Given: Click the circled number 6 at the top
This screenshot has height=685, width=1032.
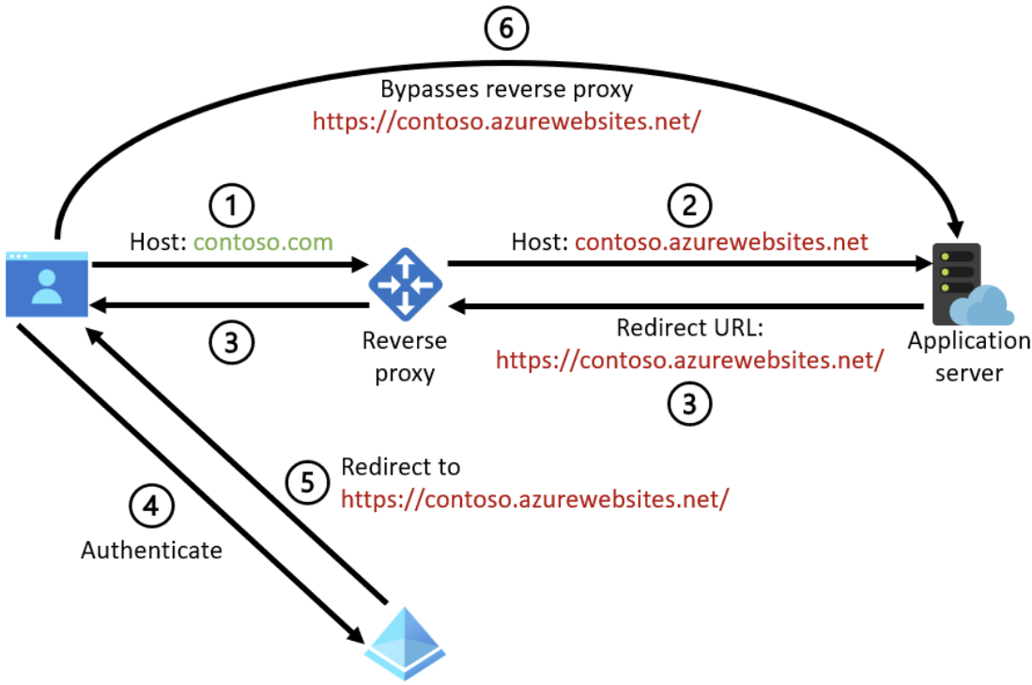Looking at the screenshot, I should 506,29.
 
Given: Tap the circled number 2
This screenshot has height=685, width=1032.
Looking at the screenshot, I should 689,202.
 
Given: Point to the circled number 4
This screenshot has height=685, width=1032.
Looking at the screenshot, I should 151,506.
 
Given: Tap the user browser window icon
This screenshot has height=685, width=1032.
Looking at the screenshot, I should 47,283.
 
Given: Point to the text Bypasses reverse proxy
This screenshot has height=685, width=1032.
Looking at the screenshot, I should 506,90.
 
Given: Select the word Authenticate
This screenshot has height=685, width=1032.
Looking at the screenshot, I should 151,550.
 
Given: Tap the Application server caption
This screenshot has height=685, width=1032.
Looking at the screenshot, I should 968,356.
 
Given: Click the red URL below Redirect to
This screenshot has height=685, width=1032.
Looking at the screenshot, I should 534,499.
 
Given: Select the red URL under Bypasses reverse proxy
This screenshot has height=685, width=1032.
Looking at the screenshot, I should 507,122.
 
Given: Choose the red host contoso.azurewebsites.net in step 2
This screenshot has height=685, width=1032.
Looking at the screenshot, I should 721,242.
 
